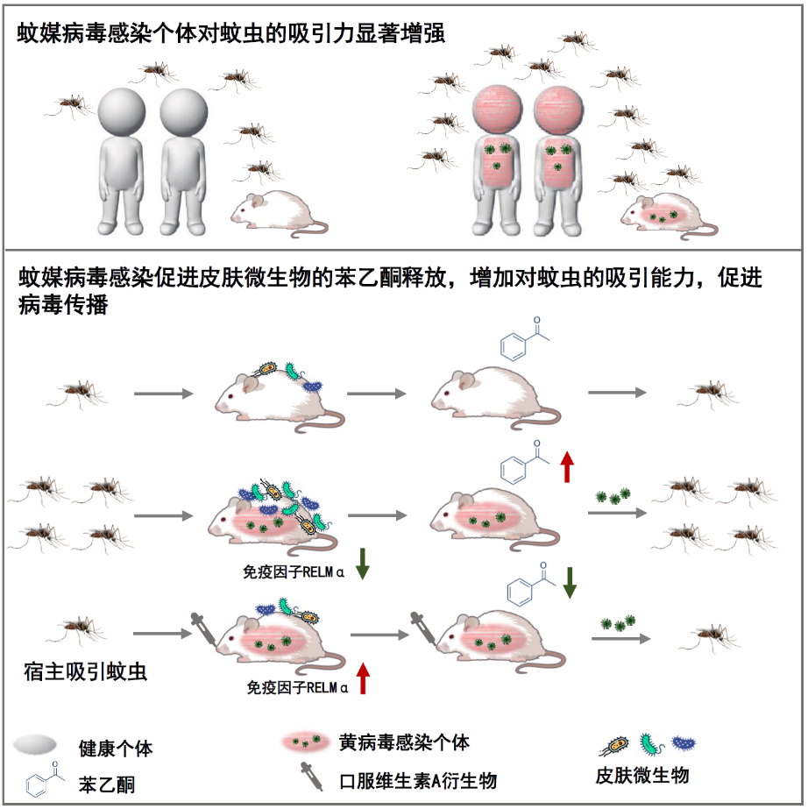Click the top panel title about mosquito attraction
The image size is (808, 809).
231,34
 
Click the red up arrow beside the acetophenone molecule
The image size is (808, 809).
567,466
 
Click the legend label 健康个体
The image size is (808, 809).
115,749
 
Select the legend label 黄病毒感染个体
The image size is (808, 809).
404,743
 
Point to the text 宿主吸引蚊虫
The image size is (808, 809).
85,672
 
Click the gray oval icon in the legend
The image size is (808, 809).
36,746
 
